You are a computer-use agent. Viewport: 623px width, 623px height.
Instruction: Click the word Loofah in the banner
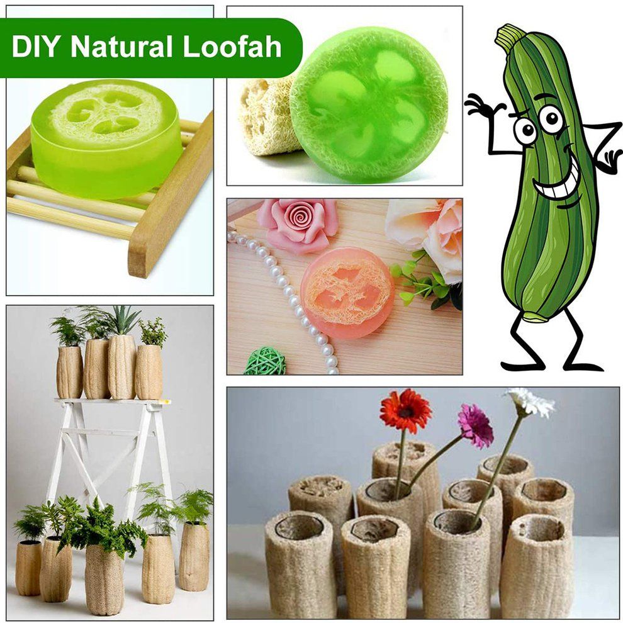232,47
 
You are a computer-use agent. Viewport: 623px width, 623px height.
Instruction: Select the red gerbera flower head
405,411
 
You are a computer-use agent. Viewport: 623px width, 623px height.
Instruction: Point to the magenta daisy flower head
475,425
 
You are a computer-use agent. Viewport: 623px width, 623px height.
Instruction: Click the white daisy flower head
531,402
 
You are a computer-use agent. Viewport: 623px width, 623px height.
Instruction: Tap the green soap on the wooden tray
106,140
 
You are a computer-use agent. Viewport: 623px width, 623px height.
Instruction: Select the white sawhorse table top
113,401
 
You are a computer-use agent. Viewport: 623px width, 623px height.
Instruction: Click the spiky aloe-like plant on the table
123,320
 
